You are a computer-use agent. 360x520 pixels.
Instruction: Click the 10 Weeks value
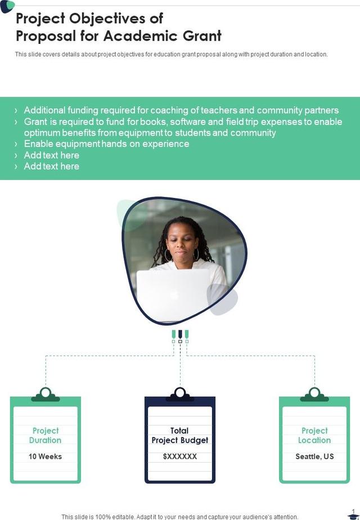[x=45, y=456]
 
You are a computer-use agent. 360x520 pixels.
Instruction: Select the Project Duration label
[x=45, y=436]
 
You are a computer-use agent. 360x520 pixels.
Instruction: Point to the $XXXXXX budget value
[x=180, y=456]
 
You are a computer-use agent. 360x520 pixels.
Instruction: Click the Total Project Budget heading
[x=180, y=436]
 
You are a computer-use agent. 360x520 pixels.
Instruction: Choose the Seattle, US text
[x=314, y=456]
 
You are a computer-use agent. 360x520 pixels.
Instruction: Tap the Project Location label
[x=314, y=436]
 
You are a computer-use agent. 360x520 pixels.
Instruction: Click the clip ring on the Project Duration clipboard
[x=46, y=392]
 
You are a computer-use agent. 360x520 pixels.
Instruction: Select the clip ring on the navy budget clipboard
[x=180, y=392]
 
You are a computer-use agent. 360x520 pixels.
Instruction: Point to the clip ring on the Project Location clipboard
[x=314, y=392]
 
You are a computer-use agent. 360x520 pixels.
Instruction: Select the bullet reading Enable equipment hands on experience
[x=106, y=144]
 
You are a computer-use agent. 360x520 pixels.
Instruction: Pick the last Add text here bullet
[x=51, y=166]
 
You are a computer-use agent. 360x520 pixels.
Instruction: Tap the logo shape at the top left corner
[x=7, y=6]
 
